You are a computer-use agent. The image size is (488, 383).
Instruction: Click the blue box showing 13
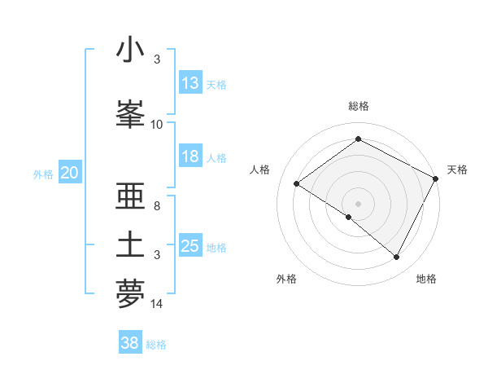pos(190,83)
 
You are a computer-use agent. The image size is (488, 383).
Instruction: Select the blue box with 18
pos(190,156)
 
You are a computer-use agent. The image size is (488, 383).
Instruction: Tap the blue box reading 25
pos(190,246)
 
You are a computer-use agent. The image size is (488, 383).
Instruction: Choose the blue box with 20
pos(69,173)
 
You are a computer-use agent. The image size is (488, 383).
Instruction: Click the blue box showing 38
pos(130,343)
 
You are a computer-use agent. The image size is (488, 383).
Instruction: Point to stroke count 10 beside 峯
pos(157,125)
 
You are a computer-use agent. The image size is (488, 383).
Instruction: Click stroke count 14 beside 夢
pos(157,304)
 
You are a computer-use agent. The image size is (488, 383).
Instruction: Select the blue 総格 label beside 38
pos(156,345)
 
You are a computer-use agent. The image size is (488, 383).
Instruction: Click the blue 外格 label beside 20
pos(43,174)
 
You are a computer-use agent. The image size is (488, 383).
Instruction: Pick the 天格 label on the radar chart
pos(457,169)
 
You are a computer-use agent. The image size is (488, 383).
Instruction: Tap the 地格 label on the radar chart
pos(426,279)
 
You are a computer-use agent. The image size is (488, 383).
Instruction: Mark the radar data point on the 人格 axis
pos(297,184)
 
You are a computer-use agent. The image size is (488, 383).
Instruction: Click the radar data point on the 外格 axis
pos(349,217)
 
